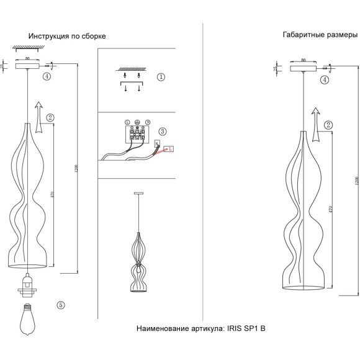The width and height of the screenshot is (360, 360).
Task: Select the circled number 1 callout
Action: coord(161,78)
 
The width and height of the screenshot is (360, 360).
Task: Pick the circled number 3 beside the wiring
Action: coord(162,132)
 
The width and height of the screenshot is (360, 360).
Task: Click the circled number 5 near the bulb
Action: coord(60,305)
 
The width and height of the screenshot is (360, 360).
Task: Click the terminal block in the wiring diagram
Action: coord(138,133)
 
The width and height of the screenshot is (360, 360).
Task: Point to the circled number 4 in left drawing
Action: coord(47,77)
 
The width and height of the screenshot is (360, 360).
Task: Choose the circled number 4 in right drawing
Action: coord(325,80)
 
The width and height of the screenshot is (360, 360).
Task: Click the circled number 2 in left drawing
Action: coord(51,117)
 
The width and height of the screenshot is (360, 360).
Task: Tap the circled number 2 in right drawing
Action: coord(328,125)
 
